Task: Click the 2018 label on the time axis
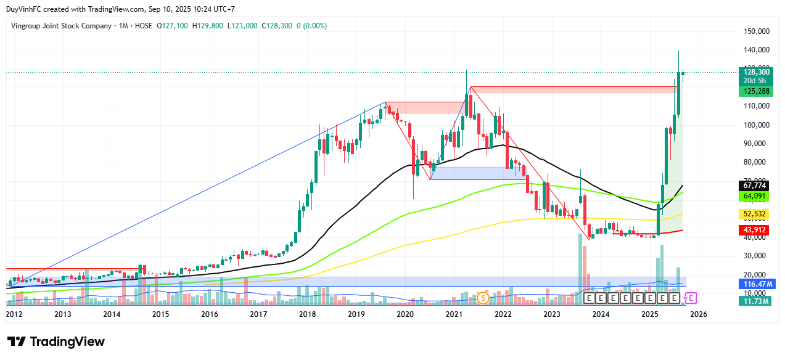click(x=307, y=314)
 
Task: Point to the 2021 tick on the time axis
click(x=454, y=314)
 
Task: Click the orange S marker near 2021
click(x=483, y=298)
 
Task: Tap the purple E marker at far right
click(x=691, y=298)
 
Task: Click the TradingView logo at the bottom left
click(x=56, y=342)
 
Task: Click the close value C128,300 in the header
click(x=276, y=26)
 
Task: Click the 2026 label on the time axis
click(x=698, y=314)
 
